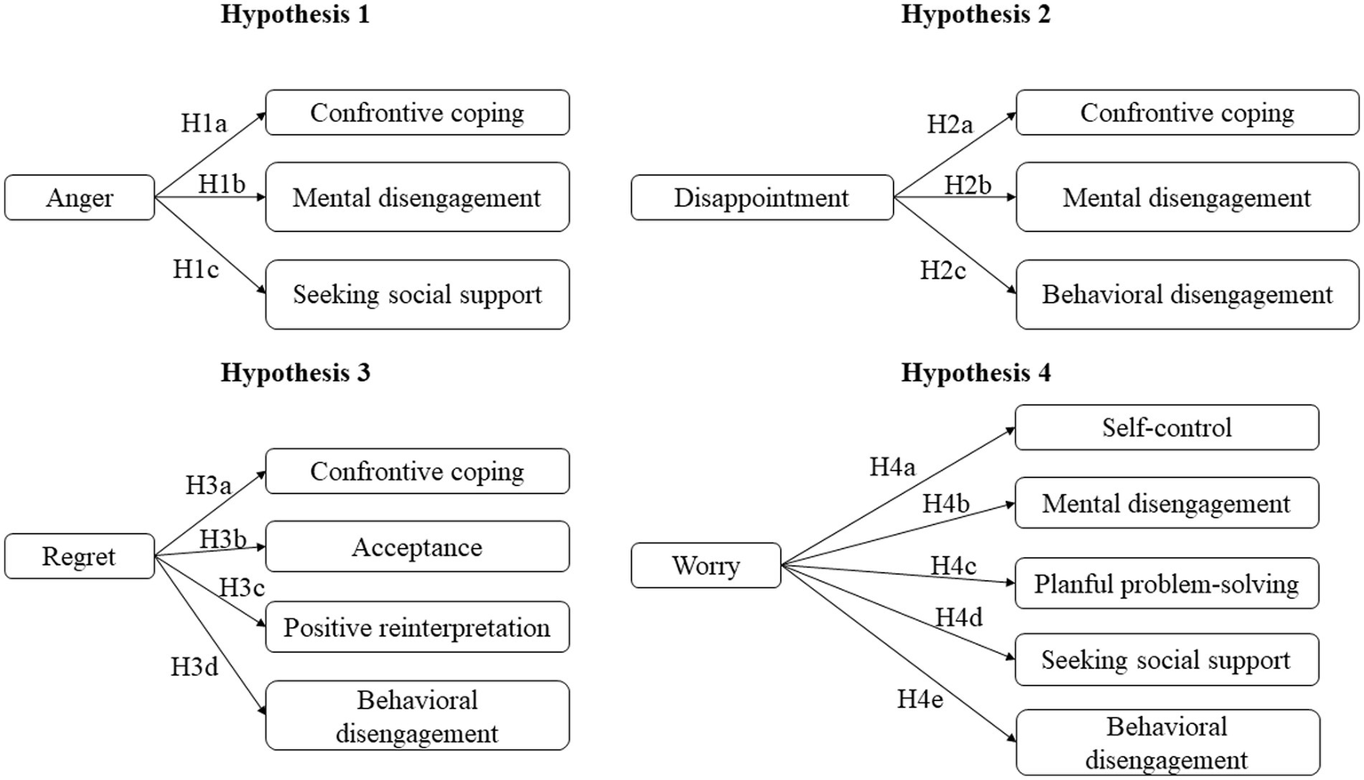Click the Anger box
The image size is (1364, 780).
point(79,197)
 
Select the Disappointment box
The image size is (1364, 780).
point(762,197)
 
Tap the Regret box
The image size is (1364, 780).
point(79,556)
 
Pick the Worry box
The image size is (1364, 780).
point(706,565)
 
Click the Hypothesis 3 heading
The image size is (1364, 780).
point(295,372)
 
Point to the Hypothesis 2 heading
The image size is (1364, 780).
point(976,14)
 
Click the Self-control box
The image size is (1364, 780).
point(1166,427)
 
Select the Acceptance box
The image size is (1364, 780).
point(417,546)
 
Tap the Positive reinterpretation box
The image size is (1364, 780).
point(417,627)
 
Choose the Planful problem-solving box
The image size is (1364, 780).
point(1166,584)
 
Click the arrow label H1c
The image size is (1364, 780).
point(195,269)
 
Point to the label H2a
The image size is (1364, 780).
point(950,124)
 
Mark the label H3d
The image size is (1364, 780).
point(194,667)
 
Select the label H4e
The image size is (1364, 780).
point(920,700)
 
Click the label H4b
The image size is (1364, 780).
point(945,504)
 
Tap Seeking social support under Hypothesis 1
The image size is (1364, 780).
point(417,294)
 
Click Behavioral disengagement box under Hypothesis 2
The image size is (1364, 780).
point(1187,294)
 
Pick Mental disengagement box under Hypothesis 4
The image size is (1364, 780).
point(1166,504)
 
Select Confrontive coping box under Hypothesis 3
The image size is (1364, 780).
point(417,471)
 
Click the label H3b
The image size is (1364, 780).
point(222,538)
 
